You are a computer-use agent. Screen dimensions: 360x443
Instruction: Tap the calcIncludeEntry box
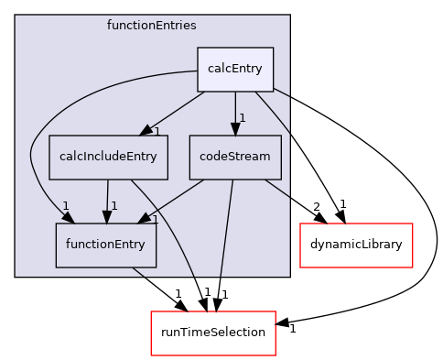[x=108, y=157]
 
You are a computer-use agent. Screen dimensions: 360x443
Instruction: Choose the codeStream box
[x=234, y=157]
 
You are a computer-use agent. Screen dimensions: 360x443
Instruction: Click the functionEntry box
[x=106, y=245]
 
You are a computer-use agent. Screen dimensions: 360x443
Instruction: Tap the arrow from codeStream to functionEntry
[x=174, y=201]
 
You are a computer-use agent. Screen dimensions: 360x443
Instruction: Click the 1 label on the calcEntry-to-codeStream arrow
[x=243, y=117]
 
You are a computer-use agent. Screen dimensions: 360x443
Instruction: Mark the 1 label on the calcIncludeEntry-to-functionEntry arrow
[x=114, y=205]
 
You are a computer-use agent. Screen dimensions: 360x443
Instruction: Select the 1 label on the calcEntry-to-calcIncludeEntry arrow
[x=157, y=132]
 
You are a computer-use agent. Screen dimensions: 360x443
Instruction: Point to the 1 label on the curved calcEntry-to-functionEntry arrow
[x=65, y=205]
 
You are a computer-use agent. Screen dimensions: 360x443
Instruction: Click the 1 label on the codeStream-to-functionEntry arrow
[x=156, y=220]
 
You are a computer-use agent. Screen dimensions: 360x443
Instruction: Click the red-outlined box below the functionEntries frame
[x=213, y=333]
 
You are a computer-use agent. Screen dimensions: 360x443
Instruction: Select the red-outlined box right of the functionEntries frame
[x=356, y=245]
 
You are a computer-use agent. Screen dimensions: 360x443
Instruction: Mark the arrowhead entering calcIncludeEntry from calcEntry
[x=146, y=131]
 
